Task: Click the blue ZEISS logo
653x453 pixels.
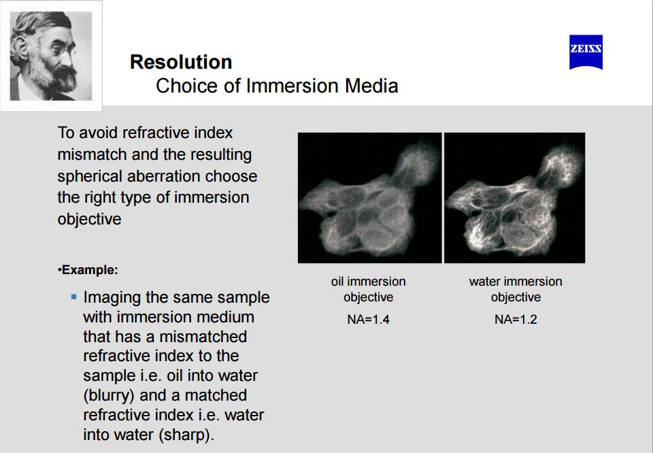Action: [x=586, y=52]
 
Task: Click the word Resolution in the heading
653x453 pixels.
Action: [x=181, y=62]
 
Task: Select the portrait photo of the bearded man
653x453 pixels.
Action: [x=51, y=56]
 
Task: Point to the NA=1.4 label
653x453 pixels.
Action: [x=368, y=320]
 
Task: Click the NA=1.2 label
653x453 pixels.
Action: [x=516, y=320]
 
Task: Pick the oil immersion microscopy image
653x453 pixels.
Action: [x=370, y=198]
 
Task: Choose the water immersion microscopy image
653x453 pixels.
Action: [x=515, y=198]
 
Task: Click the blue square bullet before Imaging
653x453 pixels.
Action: [x=74, y=297]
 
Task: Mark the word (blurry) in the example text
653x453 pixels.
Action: [x=109, y=395]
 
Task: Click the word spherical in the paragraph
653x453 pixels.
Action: [x=90, y=177]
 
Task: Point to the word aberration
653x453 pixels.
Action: [x=164, y=176]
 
